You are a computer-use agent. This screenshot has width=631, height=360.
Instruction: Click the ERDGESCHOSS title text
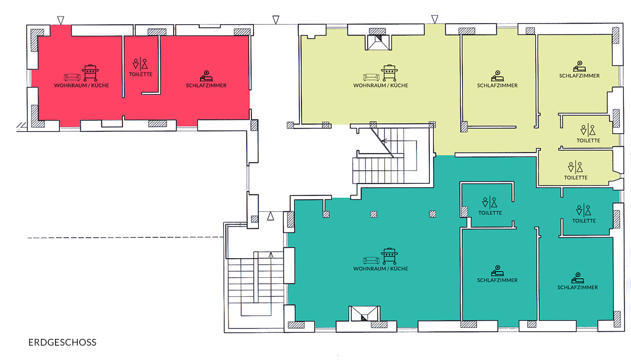pyautogui.click(x=62, y=343)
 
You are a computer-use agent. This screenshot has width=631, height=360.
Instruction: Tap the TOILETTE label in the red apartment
pyautogui.click(x=140, y=75)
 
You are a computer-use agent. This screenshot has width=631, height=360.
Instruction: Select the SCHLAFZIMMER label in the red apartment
pyautogui.click(x=206, y=85)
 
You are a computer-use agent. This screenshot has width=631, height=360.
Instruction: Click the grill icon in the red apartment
pyautogui.click(x=90, y=73)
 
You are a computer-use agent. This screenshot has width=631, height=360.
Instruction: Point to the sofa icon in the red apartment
pyautogui.click(x=72, y=77)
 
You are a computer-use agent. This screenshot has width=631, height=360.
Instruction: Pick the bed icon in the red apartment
pyautogui.click(x=206, y=76)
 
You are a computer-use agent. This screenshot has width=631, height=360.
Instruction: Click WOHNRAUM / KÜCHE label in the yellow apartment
pyautogui.click(x=381, y=85)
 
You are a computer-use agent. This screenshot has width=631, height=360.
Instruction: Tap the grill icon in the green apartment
pyautogui.click(x=389, y=256)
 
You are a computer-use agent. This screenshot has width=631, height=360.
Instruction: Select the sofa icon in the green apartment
pyautogui.click(x=371, y=260)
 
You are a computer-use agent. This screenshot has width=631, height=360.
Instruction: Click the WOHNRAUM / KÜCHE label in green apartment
pyautogui.click(x=381, y=269)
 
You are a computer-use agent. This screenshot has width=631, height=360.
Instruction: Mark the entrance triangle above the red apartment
pyautogui.click(x=61, y=20)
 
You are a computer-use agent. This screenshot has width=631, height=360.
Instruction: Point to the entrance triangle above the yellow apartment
pyautogui.click(x=435, y=20)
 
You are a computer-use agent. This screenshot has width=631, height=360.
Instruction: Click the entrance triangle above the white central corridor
pyautogui.click(x=276, y=20)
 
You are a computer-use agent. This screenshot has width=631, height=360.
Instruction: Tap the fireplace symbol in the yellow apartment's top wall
pyautogui.click(x=378, y=43)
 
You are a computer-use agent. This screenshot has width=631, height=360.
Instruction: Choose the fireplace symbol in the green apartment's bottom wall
pyautogui.click(x=364, y=314)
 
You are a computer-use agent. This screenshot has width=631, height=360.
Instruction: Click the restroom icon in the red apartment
pyautogui.click(x=140, y=64)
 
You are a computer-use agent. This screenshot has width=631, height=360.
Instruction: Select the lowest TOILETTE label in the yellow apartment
pyautogui.click(x=575, y=178)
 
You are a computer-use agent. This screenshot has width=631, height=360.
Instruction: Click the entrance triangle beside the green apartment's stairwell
pyautogui.click(x=271, y=216)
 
